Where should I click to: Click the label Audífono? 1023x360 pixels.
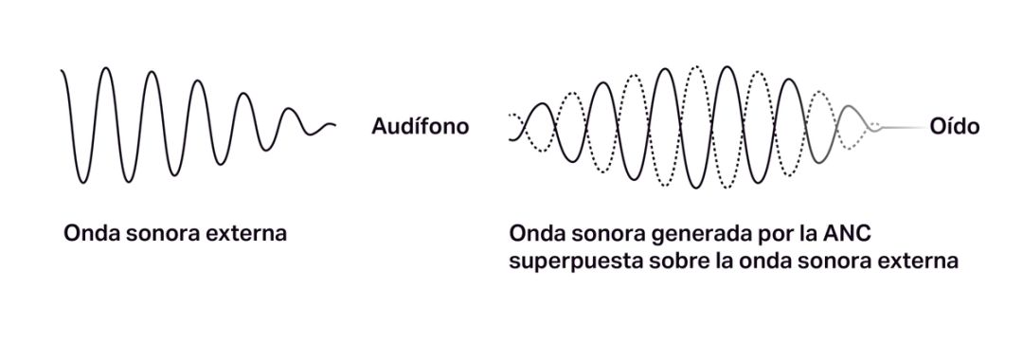[420, 127]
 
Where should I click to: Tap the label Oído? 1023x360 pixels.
[954, 127]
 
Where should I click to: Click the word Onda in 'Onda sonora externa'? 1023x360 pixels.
[89, 232]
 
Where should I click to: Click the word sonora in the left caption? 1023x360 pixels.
[159, 232]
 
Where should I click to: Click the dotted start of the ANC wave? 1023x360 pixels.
[514, 118]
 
